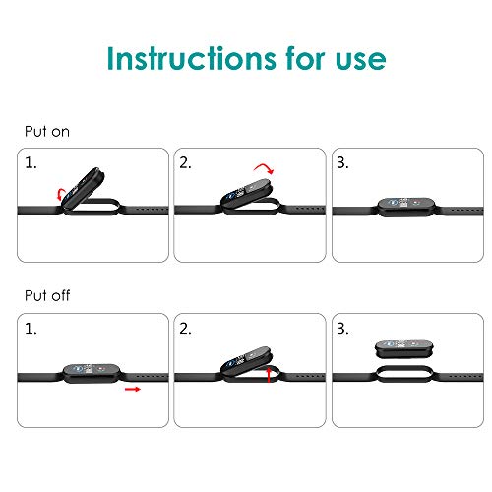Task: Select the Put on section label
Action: (47, 132)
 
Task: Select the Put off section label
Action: (47, 295)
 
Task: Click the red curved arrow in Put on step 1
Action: (59, 194)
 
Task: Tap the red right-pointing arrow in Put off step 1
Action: (133, 389)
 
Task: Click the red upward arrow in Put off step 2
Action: (269, 375)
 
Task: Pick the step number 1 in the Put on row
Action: (31, 163)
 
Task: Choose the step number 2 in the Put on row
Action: (185, 163)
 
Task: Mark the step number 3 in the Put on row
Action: (342, 163)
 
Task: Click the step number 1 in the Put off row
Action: (31, 329)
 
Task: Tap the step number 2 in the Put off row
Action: (185, 329)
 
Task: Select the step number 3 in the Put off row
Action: (342, 329)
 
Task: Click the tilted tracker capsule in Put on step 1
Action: (84, 187)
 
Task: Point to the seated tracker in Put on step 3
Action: (406, 207)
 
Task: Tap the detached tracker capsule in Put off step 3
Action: (404, 349)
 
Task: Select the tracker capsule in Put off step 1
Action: (92, 373)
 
